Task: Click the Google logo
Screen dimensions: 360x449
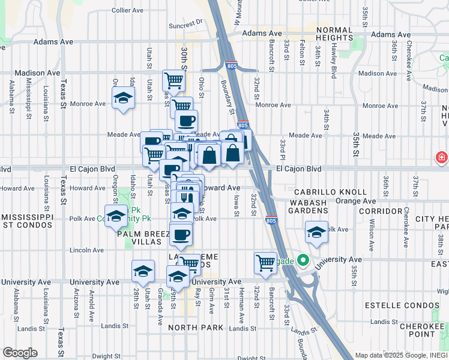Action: [x=20, y=353]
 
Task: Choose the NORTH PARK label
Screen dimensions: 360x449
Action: [x=196, y=328]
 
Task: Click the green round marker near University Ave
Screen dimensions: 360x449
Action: [x=303, y=262]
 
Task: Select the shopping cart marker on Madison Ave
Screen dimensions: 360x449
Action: [x=173, y=80]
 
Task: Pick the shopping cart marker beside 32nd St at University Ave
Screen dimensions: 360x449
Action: [x=265, y=262]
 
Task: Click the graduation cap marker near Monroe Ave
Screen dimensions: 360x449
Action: [x=122, y=98]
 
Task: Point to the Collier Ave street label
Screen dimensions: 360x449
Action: [x=127, y=10]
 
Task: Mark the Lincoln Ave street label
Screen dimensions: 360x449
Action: [x=86, y=250]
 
